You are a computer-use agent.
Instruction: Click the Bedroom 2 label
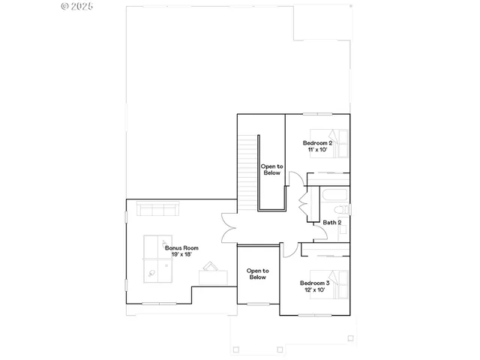pyautogui.click(x=317, y=142)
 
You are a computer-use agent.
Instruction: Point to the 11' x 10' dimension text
pyautogui.click(x=317, y=150)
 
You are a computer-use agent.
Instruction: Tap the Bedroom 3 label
pyautogui.click(x=315, y=283)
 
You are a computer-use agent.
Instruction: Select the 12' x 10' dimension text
pyautogui.click(x=315, y=290)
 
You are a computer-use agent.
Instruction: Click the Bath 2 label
pyautogui.click(x=332, y=222)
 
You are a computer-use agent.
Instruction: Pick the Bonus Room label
pyautogui.click(x=181, y=247)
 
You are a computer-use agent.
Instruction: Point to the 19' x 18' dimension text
pyautogui.click(x=181, y=254)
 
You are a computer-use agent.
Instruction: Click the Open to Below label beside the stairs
pyautogui.click(x=271, y=169)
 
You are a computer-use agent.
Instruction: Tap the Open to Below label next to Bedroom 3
pyautogui.click(x=257, y=273)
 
